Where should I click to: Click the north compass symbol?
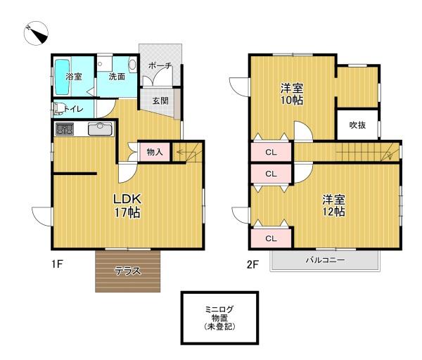pos(36,33)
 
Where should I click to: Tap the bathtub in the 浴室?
pos(63,77)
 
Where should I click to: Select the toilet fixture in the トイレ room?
pos(58,109)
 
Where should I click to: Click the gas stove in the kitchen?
pos(65,129)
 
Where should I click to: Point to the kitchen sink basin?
pos(100,129)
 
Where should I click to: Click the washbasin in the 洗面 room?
pos(132,65)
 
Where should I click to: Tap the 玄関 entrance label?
pos(160,101)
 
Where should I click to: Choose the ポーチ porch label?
pos(160,65)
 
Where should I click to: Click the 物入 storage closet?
pos(155,152)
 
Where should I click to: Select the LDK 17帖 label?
pos(127,206)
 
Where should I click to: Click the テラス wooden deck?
pos(128,271)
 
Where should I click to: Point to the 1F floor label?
pos(58,264)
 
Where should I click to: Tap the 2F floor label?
pos(253,265)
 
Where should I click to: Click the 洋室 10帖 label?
pos(292,94)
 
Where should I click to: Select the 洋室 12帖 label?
pos(333,205)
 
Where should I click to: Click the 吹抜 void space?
pos(357,125)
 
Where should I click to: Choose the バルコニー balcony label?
pos(325,260)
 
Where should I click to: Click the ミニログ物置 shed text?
pos(219,318)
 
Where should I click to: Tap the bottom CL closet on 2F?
pos(271,238)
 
